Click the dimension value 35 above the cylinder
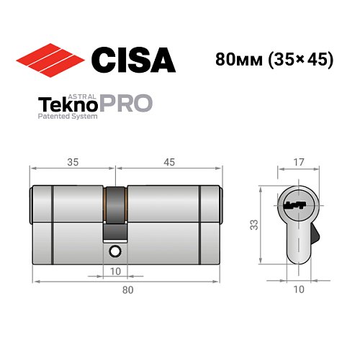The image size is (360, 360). (71, 161)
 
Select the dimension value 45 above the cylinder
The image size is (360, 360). (169, 161)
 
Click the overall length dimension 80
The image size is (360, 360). (127, 290)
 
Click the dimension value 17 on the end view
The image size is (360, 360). (296, 161)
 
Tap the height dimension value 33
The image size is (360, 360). (254, 225)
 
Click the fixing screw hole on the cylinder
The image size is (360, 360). (115, 251)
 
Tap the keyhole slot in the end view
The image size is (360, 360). (295, 205)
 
